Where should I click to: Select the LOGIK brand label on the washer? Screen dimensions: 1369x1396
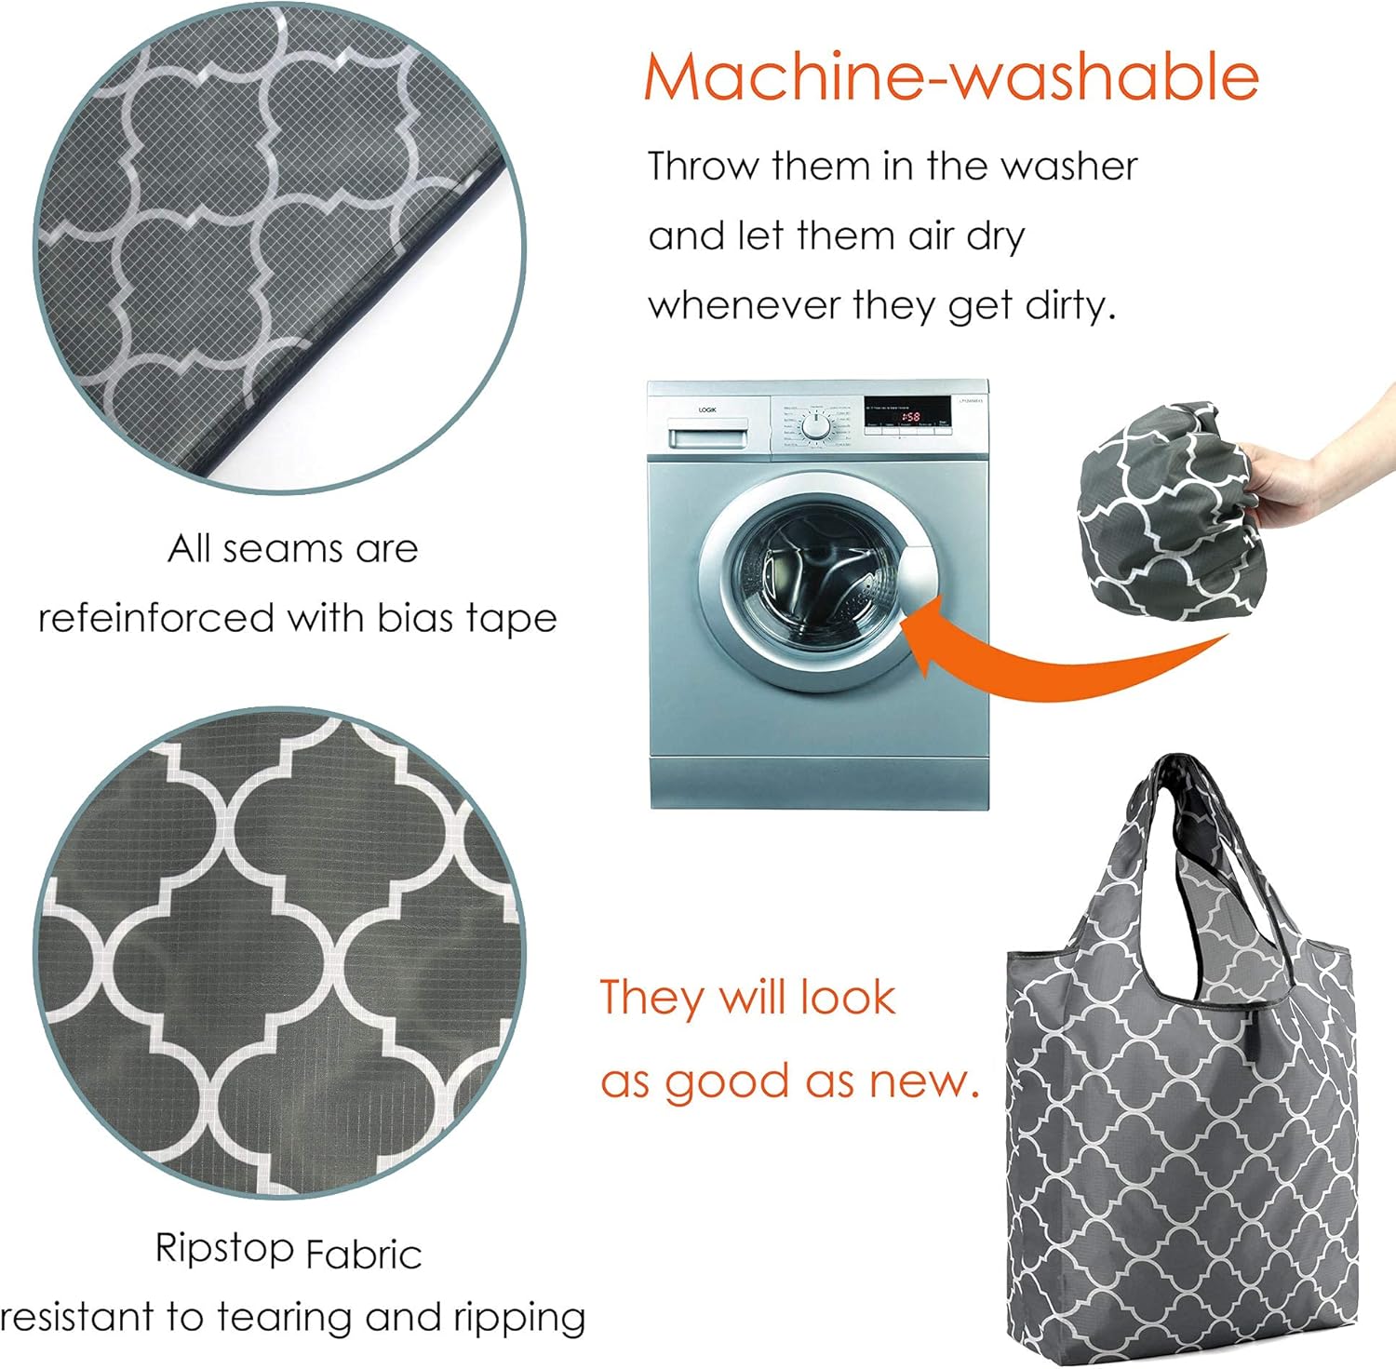tap(707, 409)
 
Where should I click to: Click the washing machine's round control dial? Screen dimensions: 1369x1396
tap(816, 426)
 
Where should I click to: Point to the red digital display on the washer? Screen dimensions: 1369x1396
tap(909, 416)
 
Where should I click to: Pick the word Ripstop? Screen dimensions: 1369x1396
tap(224, 1249)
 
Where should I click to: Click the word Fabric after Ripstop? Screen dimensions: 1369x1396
tap(364, 1255)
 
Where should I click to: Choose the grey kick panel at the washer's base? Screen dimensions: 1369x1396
tap(818, 782)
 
